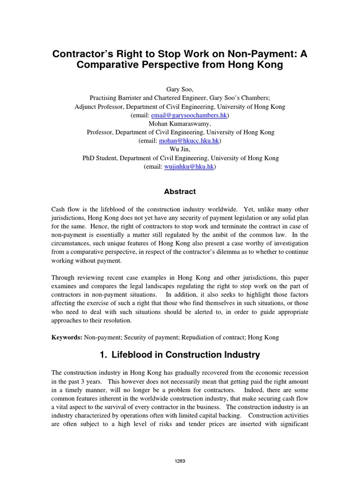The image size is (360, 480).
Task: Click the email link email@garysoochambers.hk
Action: pos(187,115)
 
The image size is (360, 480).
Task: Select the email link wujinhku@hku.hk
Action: pos(189,166)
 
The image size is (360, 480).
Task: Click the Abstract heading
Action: pos(180,192)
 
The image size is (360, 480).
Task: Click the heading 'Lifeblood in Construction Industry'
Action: pos(185,355)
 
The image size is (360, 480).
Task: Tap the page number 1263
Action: pos(180,461)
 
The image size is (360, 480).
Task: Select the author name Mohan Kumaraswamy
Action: pos(180,124)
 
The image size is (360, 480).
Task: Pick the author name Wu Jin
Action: pos(180,150)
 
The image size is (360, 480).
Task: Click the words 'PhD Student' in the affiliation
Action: pos(100,158)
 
